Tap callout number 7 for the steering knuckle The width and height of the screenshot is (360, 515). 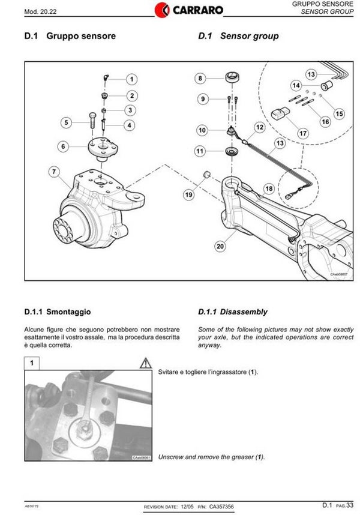coord(54,172)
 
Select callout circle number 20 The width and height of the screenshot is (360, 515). coord(220,245)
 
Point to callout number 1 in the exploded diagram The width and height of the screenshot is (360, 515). coord(131,79)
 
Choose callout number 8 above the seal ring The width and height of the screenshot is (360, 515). coord(200,78)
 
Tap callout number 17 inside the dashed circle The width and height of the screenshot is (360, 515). coord(302,133)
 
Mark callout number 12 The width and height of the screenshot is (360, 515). coord(259,127)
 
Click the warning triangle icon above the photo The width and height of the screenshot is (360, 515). coord(145,363)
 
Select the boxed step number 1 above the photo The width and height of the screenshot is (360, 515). coord(32,363)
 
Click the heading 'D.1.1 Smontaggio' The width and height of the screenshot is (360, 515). coord(58,312)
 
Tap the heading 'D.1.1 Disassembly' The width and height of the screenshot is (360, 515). coord(233,312)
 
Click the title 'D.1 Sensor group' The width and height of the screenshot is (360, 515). coord(238,36)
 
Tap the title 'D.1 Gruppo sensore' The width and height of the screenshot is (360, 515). coord(70,36)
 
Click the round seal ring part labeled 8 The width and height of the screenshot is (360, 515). coord(232,78)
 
